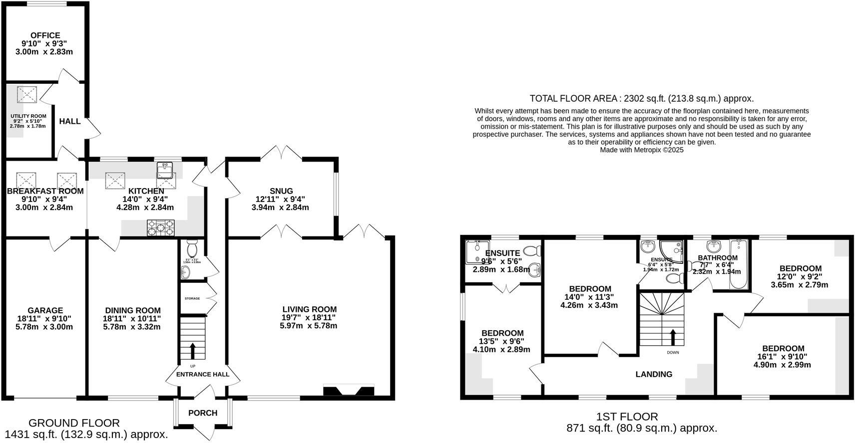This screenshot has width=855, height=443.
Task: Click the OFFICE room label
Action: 45,35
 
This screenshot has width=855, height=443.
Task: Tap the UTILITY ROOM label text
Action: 28,116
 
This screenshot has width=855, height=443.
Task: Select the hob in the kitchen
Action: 160,227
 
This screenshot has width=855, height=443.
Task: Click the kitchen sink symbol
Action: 165,170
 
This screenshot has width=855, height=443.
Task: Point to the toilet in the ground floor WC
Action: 192,248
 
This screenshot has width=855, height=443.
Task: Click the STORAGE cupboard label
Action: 192,298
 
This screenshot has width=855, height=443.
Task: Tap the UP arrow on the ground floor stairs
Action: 192,350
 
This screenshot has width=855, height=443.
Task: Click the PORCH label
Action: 203,413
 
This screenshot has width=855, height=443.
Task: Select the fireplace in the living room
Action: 349,391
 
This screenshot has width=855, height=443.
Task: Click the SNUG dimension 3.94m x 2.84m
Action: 280,207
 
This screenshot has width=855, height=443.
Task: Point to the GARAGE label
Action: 45,310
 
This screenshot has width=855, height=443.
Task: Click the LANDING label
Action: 654,374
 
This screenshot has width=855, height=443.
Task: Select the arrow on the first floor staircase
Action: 673,337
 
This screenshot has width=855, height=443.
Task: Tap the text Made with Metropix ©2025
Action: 641,150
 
